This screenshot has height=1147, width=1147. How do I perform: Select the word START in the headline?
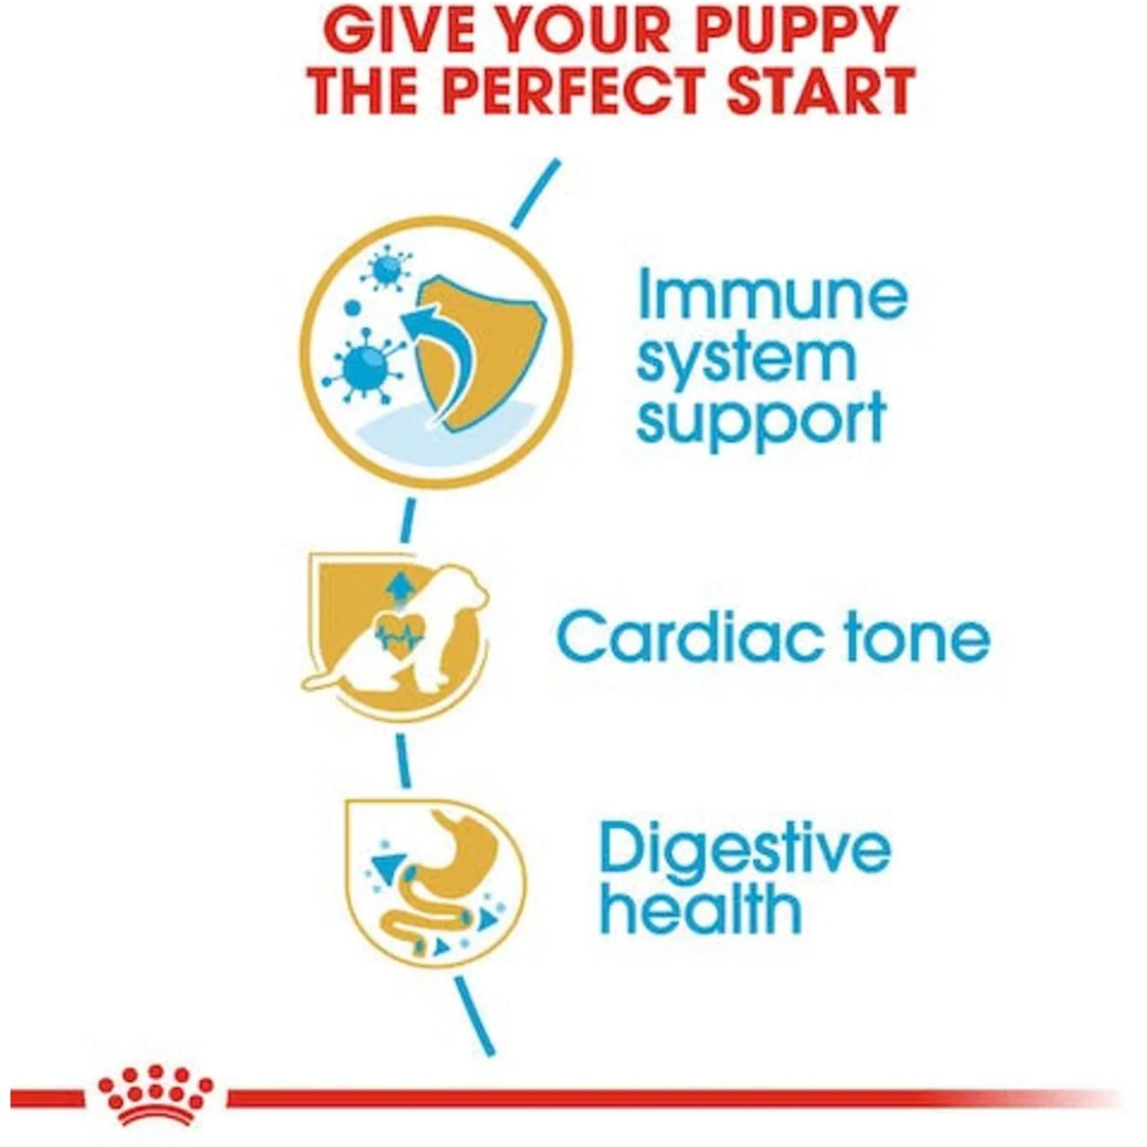tap(822, 92)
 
